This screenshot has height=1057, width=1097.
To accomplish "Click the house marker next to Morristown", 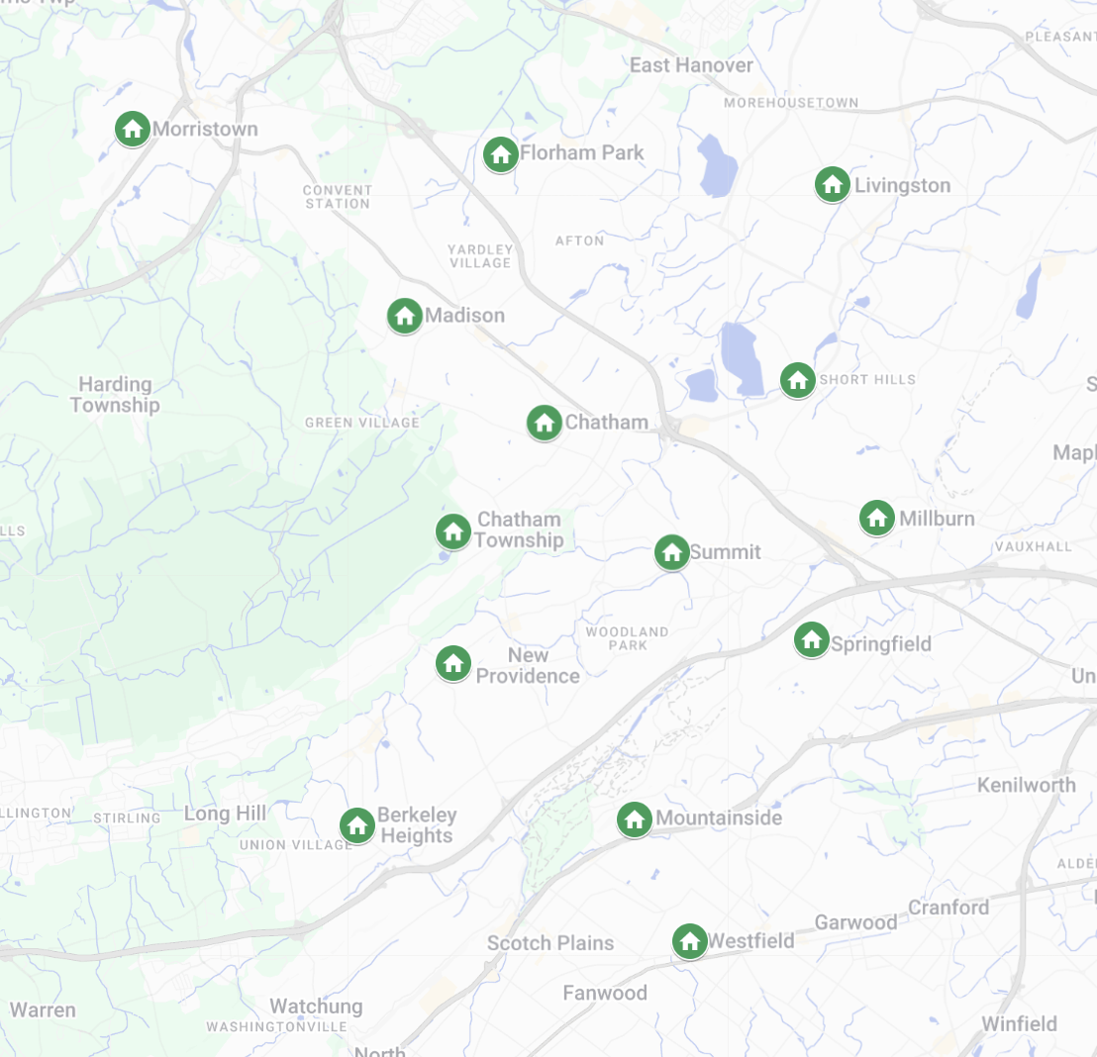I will pyautogui.click(x=132, y=129).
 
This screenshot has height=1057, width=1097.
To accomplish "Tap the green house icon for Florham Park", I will pyautogui.click(x=500, y=153).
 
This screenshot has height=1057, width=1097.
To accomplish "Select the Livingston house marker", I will pyautogui.click(x=833, y=184).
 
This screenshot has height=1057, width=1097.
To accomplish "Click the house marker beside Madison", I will pyautogui.click(x=404, y=316).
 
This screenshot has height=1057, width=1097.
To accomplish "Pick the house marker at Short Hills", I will pyautogui.click(x=798, y=379).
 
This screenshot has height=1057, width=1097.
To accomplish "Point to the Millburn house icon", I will pyautogui.click(x=876, y=518).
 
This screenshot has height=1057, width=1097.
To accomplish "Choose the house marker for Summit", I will pyautogui.click(x=672, y=552).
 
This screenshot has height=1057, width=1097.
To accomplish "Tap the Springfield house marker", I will pyautogui.click(x=812, y=639).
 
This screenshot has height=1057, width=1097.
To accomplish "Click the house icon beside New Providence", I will pyautogui.click(x=453, y=663).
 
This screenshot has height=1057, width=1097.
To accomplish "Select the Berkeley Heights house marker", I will pyautogui.click(x=356, y=825).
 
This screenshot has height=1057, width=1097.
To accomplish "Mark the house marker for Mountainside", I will pyautogui.click(x=635, y=818).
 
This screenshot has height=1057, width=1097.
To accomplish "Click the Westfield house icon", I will pyautogui.click(x=689, y=941).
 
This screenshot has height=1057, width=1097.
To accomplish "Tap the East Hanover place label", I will pyautogui.click(x=691, y=65).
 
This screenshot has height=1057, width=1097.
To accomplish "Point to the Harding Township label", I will pyautogui.click(x=115, y=395).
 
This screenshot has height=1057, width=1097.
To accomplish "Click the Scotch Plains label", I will pyautogui.click(x=549, y=943).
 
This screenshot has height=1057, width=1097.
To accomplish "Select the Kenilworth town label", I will pyautogui.click(x=1026, y=785).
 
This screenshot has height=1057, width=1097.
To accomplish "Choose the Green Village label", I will pyautogui.click(x=362, y=423).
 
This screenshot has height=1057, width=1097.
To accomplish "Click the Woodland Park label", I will pyautogui.click(x=627, y=638).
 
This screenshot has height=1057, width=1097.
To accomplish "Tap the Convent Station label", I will pyautogui.click(x=338, y=197).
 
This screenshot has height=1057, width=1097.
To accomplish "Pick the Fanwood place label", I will pyautogui.click(x=604, y=993).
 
